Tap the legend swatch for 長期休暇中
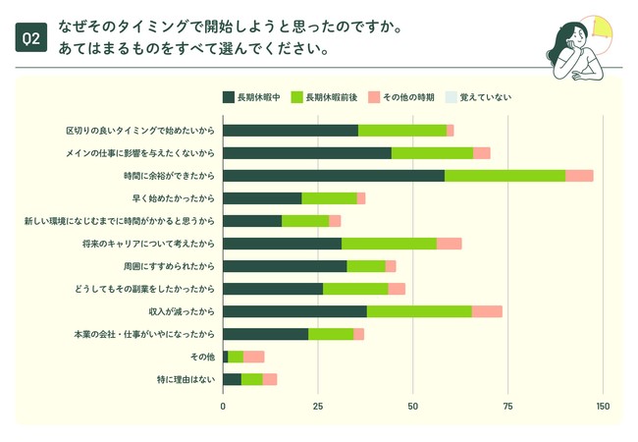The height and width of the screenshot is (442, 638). [228, 97]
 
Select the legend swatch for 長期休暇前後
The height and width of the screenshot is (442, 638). [296, 97]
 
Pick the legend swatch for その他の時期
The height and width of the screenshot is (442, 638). [373, 97]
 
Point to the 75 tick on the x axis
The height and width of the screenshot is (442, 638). [508, 406]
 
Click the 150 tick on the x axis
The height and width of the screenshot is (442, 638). [603, 406]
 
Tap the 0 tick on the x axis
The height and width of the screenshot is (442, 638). [223, 406]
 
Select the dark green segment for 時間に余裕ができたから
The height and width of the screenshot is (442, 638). [334, 175]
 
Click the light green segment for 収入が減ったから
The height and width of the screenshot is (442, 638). [419, 311]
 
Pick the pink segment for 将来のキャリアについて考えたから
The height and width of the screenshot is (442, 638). [449, 244]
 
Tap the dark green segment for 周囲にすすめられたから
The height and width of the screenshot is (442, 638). [285, 266]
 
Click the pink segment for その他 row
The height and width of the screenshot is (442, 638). [253, 357]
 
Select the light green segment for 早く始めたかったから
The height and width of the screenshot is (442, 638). [329, 198]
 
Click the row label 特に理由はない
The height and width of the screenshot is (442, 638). [187, 379]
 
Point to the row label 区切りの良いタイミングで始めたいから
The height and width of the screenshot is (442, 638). [140, 131]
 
